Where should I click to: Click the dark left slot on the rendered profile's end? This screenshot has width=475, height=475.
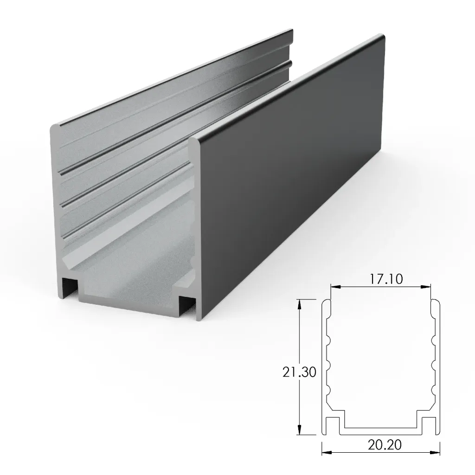click(70, 289)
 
